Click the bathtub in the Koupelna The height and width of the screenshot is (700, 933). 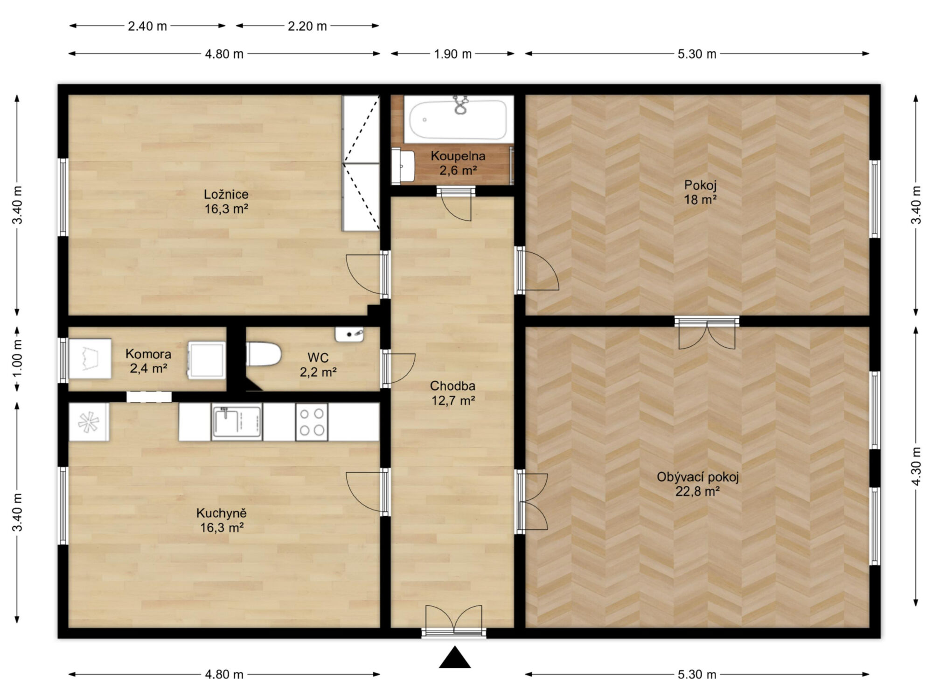[458, 119]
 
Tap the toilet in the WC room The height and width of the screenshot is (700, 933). [264, 355]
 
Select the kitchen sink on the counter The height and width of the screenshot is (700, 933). [237, 422]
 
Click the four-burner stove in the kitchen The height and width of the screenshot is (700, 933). [312, 422]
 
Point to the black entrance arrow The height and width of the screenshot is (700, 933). [455, 657]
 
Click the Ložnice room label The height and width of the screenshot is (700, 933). [226, 194]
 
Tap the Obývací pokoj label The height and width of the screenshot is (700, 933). [698, 477]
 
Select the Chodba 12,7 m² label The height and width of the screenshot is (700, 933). [453, 393]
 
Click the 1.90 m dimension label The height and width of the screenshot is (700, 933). [453, 54]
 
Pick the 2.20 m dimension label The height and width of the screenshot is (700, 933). [307, 26]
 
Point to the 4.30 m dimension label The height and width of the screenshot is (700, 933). [917, 467]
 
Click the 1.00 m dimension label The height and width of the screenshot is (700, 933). [17, 359]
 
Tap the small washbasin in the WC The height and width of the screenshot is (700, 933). [349, 334]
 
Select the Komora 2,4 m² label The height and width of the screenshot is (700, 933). [148, 361]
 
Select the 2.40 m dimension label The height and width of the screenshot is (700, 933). [147, 26]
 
